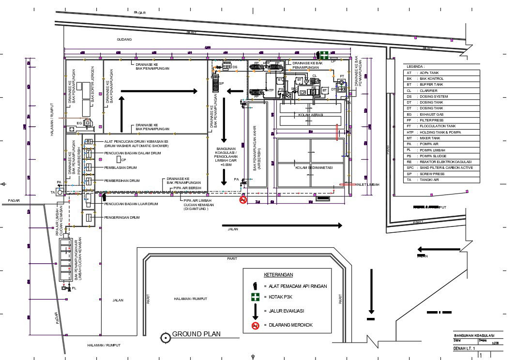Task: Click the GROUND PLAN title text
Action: click(196, 334)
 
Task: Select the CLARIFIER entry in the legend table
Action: click(428, 90)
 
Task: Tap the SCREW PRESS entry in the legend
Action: click(430, 174)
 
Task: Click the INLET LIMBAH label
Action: click(367, 184)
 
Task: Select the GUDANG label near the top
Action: click(124, 39)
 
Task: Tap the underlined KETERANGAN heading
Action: click(279, 274)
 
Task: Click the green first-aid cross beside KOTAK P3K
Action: click(255, 298)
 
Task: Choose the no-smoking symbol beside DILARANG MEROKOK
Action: click(255, 325)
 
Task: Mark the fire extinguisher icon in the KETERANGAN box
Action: click(255, 285)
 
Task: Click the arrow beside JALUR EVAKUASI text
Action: click(255, 311)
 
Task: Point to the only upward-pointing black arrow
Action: click(122, 111)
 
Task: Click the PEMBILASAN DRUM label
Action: click(121, 167)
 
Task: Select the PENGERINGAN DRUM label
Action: click(121, 218)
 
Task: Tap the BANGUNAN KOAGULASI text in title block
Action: click(473, 335)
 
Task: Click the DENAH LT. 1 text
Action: click(464, 348)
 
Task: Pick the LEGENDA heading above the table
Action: click(415, 66)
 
